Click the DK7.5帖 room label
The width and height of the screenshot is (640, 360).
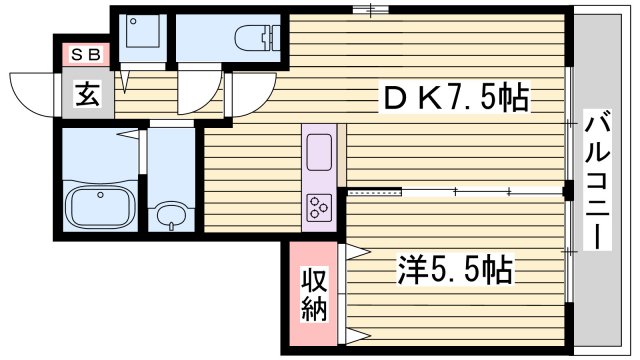tap(455, 98)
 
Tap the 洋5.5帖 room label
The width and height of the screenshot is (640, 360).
tap(456, 267)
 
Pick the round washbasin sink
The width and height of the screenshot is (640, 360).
tap(172, 215)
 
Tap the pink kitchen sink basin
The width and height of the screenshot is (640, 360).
tap(321, 151)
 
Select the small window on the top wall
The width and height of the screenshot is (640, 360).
tap(370, 10)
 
